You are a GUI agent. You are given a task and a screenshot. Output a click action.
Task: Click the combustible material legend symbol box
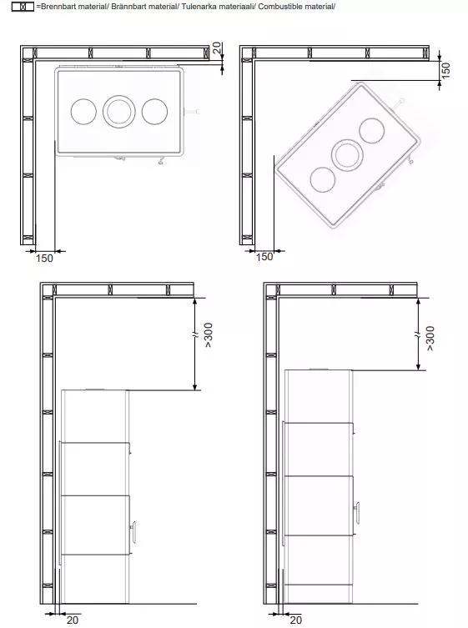23,7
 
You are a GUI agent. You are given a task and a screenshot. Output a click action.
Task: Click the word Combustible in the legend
277,7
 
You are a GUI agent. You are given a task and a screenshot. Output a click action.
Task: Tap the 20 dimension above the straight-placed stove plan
217,48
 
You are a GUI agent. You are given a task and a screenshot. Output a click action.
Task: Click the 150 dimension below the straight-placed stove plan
44,259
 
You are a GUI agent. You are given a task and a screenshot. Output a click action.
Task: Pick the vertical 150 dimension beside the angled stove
445,70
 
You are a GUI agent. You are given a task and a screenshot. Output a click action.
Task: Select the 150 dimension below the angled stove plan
264,257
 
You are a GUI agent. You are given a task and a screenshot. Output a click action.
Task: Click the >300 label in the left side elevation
209,334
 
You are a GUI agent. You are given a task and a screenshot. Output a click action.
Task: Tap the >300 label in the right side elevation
430,339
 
